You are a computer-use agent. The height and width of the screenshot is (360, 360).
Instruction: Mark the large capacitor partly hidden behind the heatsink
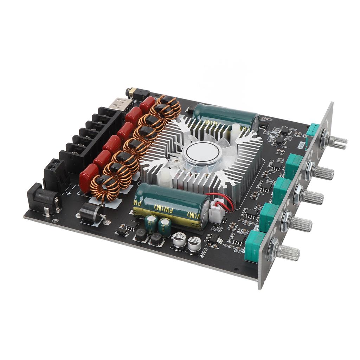point(225,114)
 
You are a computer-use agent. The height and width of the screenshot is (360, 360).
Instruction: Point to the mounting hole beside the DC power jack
point(55,220)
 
